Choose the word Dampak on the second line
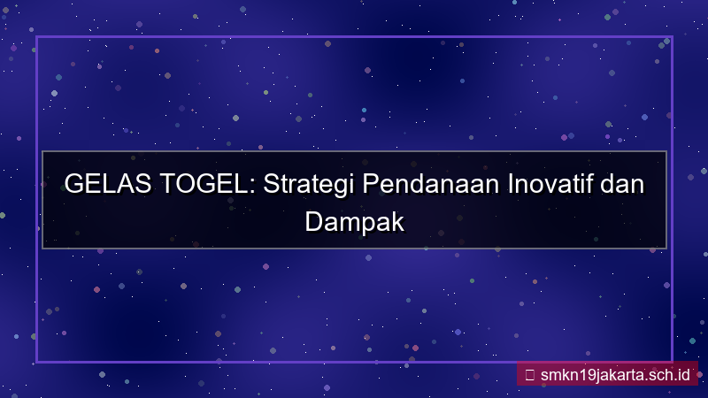354,221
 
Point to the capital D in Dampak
313,220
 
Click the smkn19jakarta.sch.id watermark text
615,374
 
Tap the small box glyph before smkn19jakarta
529,374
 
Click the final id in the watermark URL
682,374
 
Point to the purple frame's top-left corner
36,37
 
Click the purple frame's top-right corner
672,37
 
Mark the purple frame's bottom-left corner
36,362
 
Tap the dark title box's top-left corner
42,151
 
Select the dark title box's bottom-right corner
666,249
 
